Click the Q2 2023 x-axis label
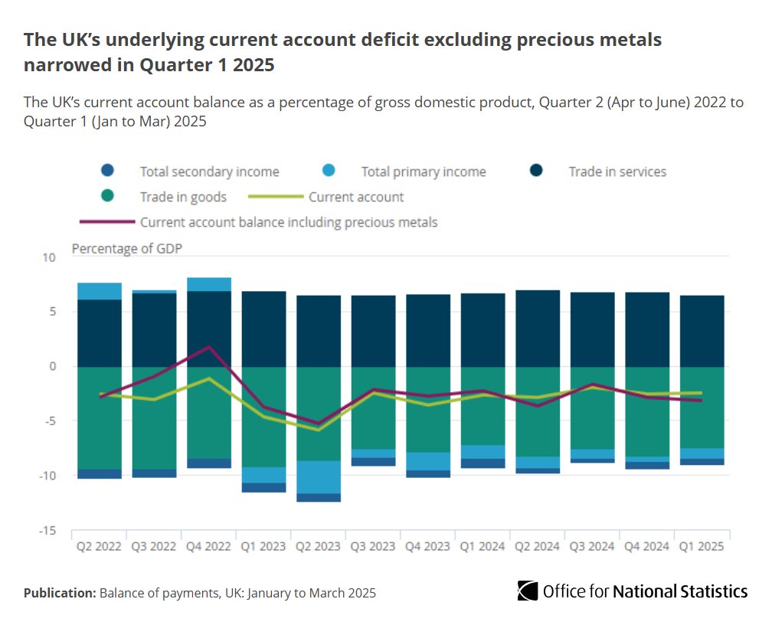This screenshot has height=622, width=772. pyautogui.click(x=319, y=547)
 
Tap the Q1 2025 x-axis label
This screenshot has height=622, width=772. pyautogui.click(x=702, y=547)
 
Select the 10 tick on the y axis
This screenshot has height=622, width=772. pyautogui.click(x=50, y=257)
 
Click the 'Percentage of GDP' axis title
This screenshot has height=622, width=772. pyautogui.click(x=127, y=248)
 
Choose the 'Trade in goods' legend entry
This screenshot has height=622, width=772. pyautogui.click(x=183, y=197)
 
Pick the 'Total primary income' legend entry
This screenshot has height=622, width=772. pyautogui.click(x=424, y=172)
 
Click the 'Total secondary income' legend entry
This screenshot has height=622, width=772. pyautogui.click(x=209, y=172)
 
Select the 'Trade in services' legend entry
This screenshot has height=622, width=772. pyautogui.click(x=617, y=172)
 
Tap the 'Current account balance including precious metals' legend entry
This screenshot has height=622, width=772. pyautogui.click(x=289, y=222)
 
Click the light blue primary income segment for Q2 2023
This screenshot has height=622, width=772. pyautogui.click(x=319, y=477)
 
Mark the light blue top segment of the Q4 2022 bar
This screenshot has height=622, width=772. pyautogui.click(x=209, y=284)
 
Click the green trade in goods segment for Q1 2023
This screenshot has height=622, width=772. pyautogui.click(x=264, y=417)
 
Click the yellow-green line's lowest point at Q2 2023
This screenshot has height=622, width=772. pyautogui.click(x=319, y=430)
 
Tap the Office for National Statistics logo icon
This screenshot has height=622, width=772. pyautogui.click(x=528, y=591)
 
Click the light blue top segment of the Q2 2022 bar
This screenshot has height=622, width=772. pyautogui.click(x=100, y=291)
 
